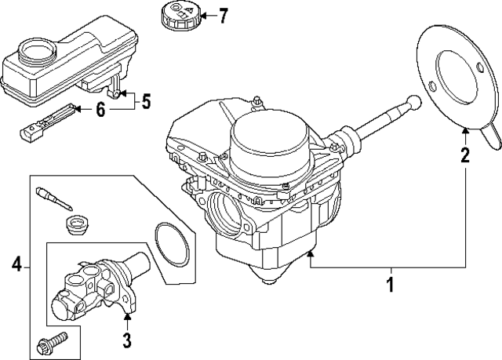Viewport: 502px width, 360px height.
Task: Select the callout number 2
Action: [x=465, y=155]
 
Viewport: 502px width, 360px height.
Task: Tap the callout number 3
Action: [x=126, y=340]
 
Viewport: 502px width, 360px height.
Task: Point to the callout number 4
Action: [x=16, y=267]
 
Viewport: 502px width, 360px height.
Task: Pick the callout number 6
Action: [x=100, y=111]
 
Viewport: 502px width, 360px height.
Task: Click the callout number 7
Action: [x=223, y=15]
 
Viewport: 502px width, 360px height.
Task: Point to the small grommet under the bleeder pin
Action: [x=75, y=225]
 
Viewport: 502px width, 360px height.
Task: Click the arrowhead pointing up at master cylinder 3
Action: [x=126, y=318]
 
